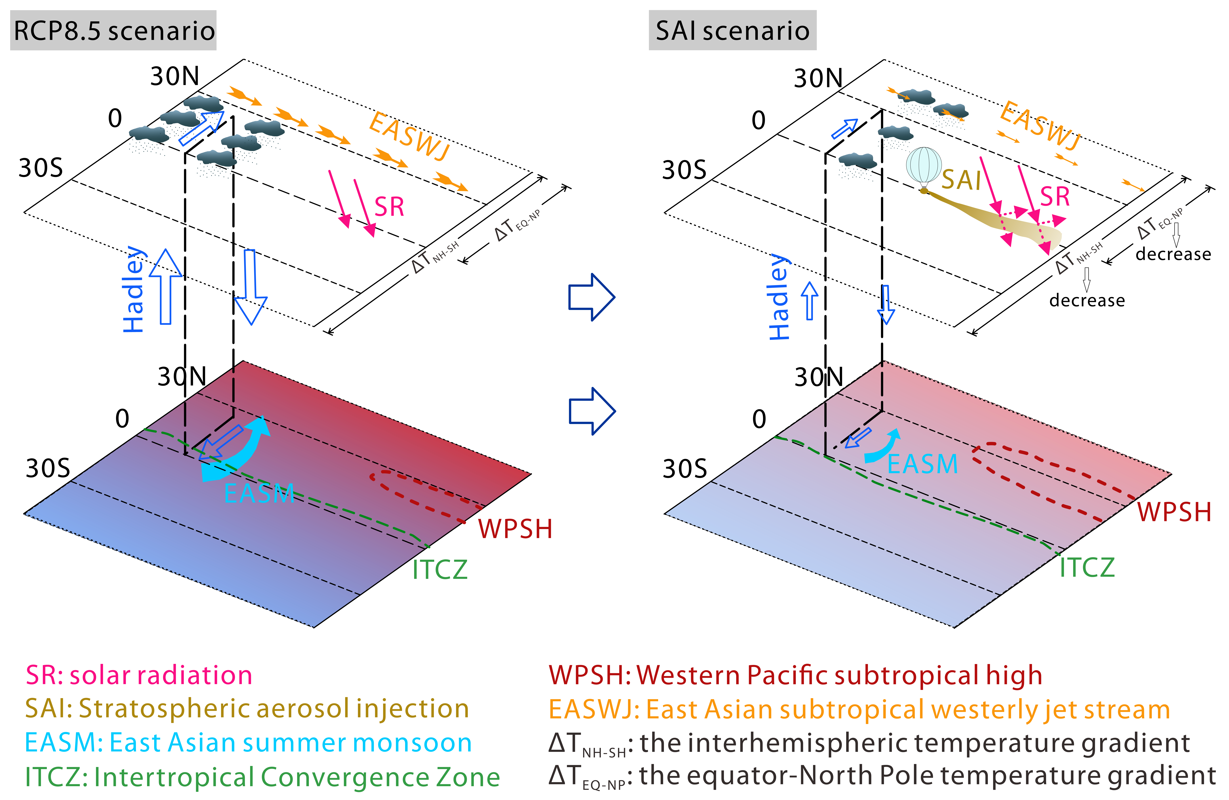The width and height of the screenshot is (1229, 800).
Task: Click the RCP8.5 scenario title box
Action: click(x=113, y=30)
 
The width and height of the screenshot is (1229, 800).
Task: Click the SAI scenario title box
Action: click(x=732, y=30)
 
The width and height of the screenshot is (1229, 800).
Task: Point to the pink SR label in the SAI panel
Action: click(x=1054, y=197)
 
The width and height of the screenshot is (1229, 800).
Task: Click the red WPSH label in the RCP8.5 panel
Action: click(x=515, y=529)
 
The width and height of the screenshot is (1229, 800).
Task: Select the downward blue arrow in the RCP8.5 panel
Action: click(x=250, y=287)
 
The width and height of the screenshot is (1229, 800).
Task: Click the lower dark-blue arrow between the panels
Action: click(x=592, y=411)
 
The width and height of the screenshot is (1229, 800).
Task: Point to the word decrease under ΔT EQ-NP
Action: click(x=1173, y=254)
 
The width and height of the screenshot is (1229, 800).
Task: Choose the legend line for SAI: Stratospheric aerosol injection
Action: click(x=247, y=709)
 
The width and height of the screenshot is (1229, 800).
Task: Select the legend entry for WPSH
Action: click(x=795, y=675)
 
